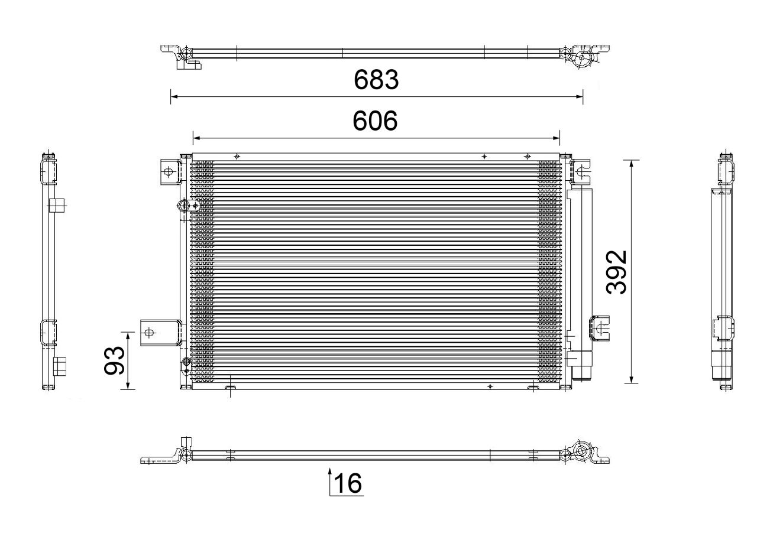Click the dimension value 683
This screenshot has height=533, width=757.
[x=376, y=80]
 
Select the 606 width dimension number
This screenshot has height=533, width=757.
[x=376, y=121]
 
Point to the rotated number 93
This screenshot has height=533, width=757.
[x=115, y=360]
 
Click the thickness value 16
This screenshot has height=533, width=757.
[x=348, y=484]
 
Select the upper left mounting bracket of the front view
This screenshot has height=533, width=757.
[x=168, y=172]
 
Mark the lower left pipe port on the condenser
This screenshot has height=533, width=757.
[x=186, y=362]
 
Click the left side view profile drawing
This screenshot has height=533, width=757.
[x=50, y=272]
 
